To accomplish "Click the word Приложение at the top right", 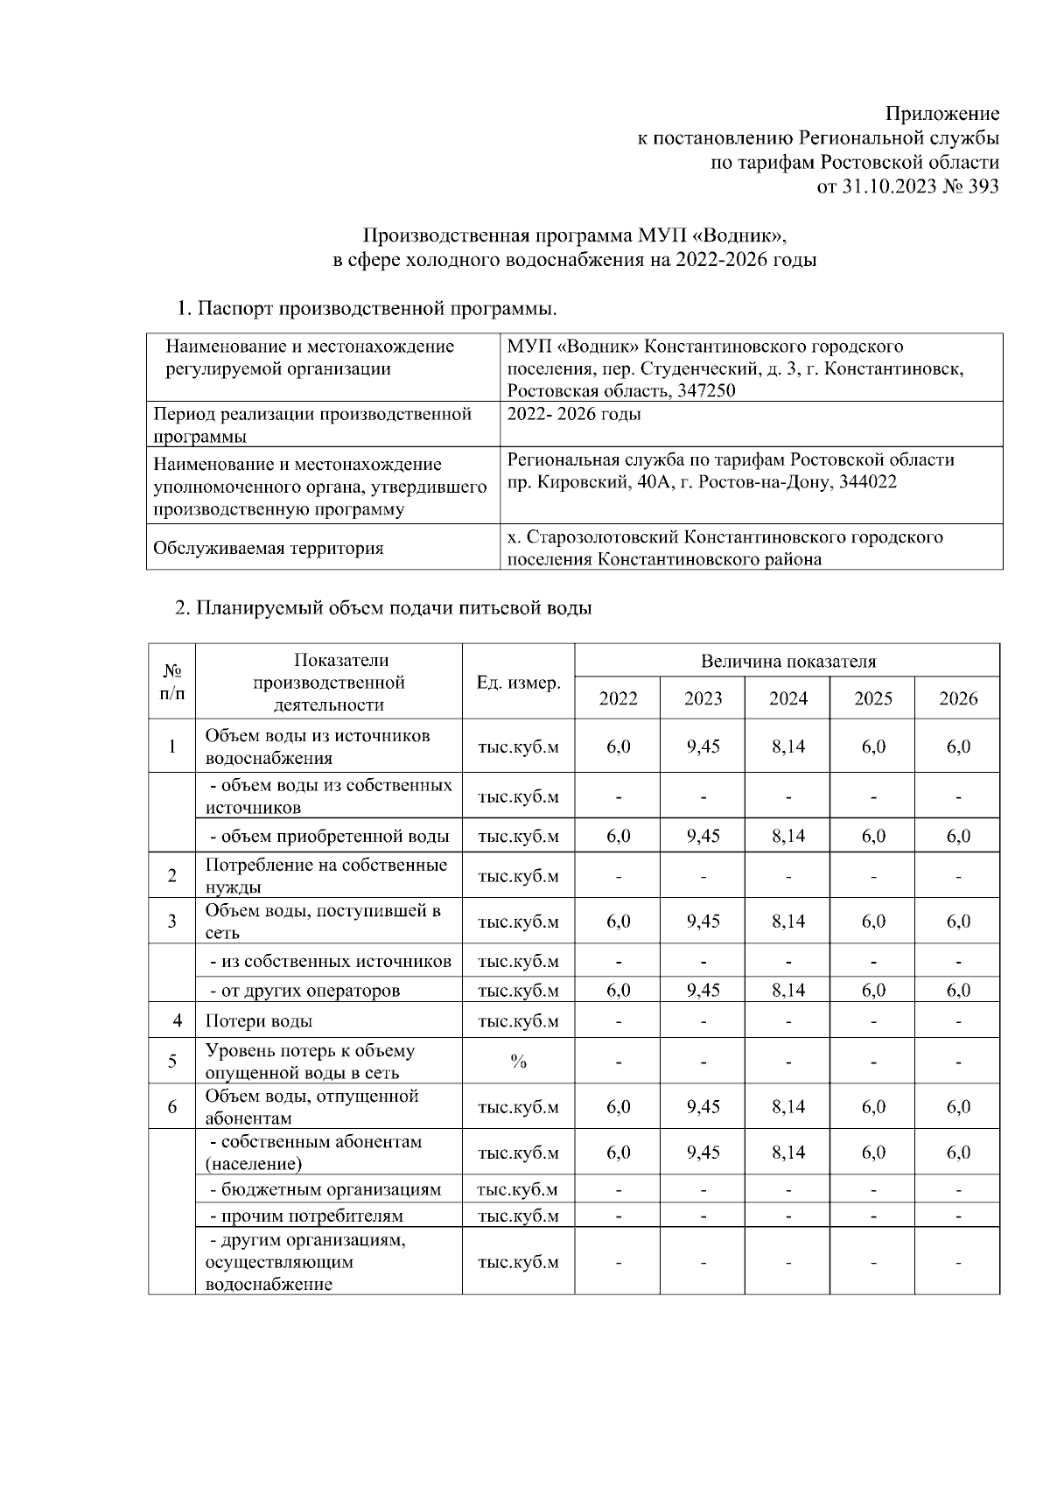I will click(941, 114).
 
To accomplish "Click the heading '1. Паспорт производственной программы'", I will click(367, 309).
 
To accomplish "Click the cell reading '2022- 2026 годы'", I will click(574, 414).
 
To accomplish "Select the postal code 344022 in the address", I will click(866, 482).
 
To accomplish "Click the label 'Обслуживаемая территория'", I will click(268, 549).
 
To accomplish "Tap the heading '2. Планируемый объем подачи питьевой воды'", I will click(384, 608).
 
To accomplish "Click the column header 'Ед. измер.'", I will click(518, 683).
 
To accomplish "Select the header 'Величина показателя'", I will click(787, 662).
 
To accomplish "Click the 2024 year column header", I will click(787, 698).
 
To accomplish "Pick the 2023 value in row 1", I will click(703, 747).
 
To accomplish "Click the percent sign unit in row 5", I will click(518, 1062).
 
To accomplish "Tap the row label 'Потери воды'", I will click(259, 1021).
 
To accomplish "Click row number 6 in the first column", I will click(172, 1107).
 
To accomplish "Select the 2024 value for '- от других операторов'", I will click(787, 991).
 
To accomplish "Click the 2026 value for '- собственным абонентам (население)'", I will click(958, 1153).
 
